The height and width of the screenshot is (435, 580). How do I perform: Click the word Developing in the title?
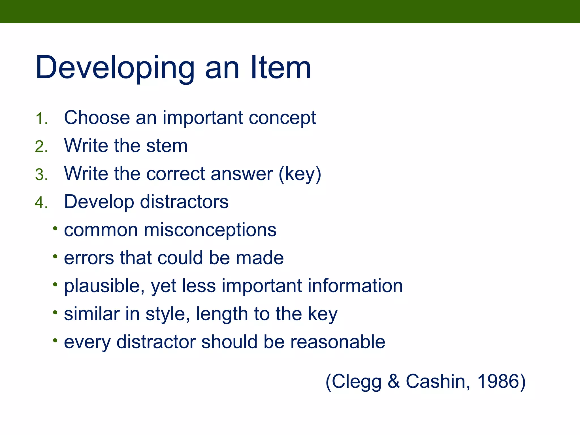(115, 68)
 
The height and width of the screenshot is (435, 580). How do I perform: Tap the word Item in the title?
(281, 68)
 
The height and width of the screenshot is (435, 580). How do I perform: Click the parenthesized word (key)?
(300, 174)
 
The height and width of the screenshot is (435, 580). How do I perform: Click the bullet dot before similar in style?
(55, 313)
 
